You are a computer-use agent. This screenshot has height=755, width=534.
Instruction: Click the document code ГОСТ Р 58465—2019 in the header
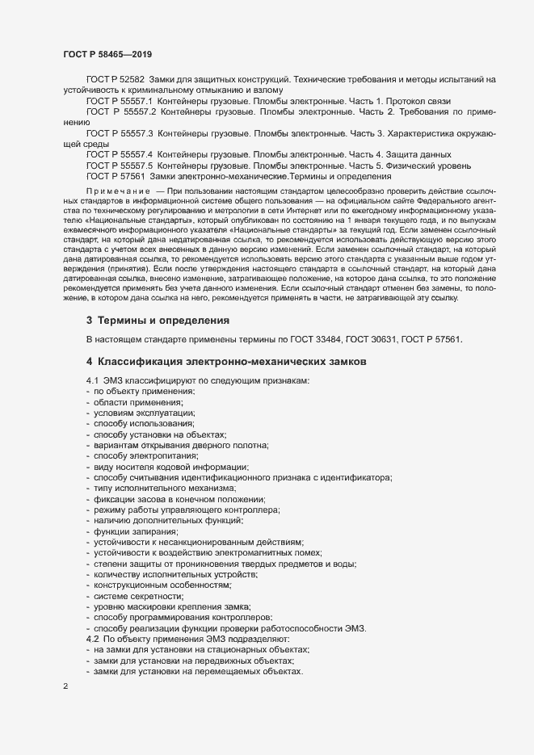click(108, 54)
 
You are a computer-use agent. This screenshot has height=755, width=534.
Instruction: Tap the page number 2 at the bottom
click(65, 687)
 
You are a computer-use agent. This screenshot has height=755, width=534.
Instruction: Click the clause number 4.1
click(93, 380)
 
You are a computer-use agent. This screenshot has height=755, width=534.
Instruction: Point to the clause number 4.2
click(93, 639)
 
